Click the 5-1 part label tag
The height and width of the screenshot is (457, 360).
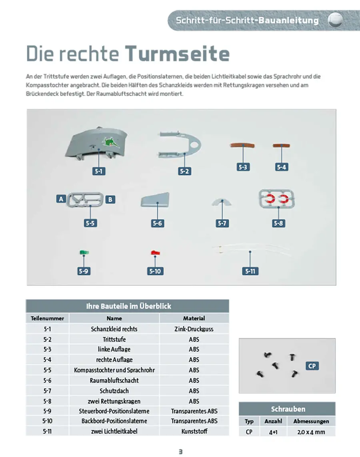pos(99,171)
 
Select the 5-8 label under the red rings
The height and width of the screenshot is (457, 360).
pos(278,223)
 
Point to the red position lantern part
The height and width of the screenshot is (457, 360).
pos(155,253)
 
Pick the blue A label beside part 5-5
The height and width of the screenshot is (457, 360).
pos(61,198)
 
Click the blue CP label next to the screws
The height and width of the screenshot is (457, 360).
pos(312,366)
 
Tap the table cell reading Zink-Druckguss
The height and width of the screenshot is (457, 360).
pos(194,329)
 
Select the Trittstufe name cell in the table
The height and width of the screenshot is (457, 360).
pos(114,339)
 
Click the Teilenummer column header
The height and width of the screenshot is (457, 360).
pos(47,319)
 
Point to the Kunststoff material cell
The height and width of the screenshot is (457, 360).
pos(194,431)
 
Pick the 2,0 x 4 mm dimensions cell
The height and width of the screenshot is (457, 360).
pos(311,432)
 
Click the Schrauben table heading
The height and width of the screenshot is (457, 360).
pos(288,409)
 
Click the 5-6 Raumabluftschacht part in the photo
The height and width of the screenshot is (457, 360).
pos(156,200)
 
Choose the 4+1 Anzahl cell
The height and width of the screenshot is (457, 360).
pos(273,432)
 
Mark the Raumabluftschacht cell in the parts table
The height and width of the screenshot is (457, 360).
pos(114,381)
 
